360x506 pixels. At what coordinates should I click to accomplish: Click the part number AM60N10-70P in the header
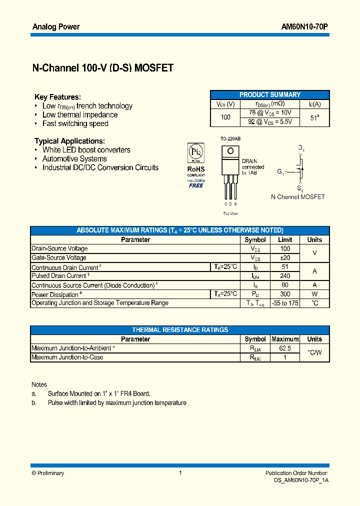pyautogui.click(x=304, y=26)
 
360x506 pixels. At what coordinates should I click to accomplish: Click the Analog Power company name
pyautogui.click(x=56, y=26)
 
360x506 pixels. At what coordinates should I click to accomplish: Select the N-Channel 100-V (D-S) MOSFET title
pyautogui.click(x=103, y=68)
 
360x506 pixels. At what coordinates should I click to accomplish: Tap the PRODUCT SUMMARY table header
pyautogui.click(x=270, y=94)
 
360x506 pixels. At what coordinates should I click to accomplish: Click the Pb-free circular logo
pyautogui.click(x=195, y=152)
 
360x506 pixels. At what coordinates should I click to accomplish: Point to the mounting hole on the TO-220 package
pyautogui.click(x=230, y=150)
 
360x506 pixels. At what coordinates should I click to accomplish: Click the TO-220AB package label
pyautogui.click(x=230, y=138)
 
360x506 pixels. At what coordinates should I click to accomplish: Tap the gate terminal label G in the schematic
pyautogui.click(x=280, y=172)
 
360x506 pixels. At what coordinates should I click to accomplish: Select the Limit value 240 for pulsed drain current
pyautogui.click(x=285, y=276)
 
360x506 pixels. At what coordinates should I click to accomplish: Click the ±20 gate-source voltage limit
pyautogui.click(x=285, y=258)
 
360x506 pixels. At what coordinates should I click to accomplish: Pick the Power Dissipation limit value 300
pyautogui.click(x=285, y=294)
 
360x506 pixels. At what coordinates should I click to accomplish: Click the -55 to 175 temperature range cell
pyautogui.click(x=285, y=303)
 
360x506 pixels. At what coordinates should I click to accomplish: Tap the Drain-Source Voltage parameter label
pyautogui.click(x=59, y=248)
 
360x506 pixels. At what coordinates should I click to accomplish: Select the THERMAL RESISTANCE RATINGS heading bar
pyautogui.click(x=180, y=330)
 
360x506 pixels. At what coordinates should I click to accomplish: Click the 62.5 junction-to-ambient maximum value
pyautogui.click(x=285, y=348)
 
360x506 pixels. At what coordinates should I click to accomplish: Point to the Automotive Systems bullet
pyautogui.click(x=74, y=159)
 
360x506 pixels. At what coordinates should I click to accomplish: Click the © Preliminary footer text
pyautogui.click(x=48, y=473)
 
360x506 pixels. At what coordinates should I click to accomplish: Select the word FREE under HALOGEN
pyautogui.click(x=196, y=185)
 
